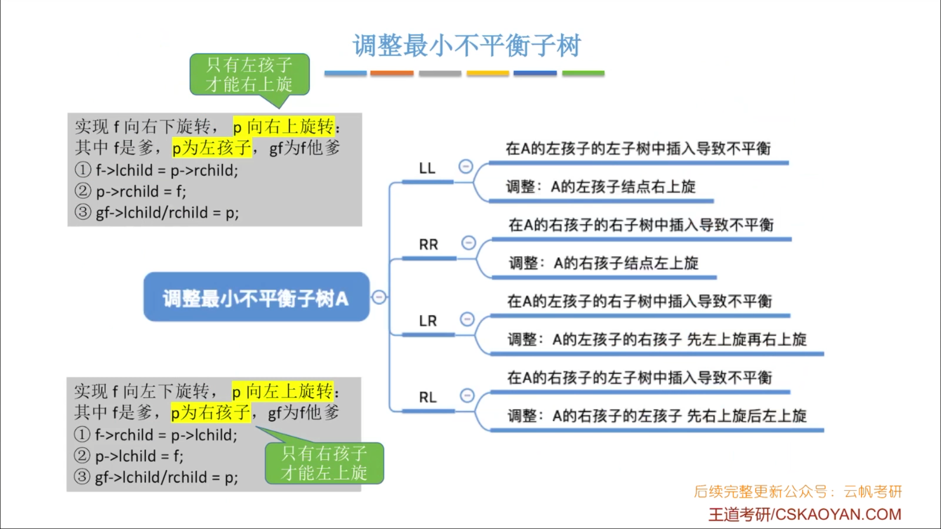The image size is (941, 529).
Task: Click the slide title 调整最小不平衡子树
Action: [467, 46]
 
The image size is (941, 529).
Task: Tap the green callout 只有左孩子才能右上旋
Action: [249, 74]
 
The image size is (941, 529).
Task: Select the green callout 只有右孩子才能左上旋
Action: [324, 463]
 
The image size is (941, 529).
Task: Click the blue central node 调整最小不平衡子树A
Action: [256, 297]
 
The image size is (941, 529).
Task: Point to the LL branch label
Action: [427, 168]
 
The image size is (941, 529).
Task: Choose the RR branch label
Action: [428, 244]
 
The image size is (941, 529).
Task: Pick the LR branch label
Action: [428, 321]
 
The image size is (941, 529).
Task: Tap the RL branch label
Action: [428, 397]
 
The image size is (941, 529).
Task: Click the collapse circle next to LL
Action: [466, 167]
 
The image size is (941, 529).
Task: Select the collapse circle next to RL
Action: [467, 395]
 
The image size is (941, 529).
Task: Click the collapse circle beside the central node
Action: [379, 297]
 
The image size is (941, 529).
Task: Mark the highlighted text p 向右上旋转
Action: [284, 126]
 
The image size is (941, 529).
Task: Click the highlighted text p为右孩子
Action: [210, 412]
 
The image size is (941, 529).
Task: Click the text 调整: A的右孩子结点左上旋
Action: [603, 263]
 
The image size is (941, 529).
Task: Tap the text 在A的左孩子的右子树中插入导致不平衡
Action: [640, 301]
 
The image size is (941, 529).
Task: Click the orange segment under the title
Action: [392, 73]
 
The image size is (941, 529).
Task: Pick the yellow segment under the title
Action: [488, 73]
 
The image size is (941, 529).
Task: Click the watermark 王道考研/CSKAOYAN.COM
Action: [804, 514]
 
